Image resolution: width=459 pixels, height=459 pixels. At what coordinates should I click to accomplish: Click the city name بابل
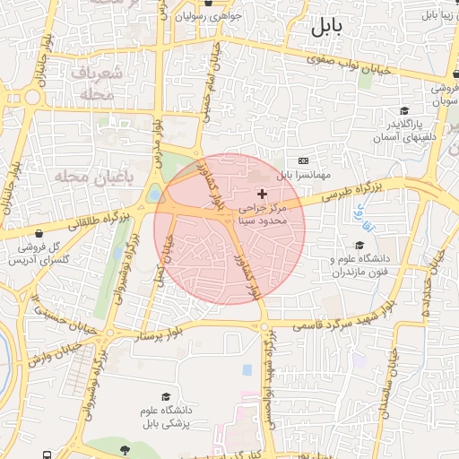click(327, 27)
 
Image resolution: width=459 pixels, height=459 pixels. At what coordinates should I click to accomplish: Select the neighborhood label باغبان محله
click(92, 177)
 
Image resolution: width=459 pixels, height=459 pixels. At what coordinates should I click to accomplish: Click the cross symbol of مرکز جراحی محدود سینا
click(262, 194)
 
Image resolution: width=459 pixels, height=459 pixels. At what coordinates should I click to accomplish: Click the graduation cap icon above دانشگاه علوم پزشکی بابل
click(165, 395)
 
